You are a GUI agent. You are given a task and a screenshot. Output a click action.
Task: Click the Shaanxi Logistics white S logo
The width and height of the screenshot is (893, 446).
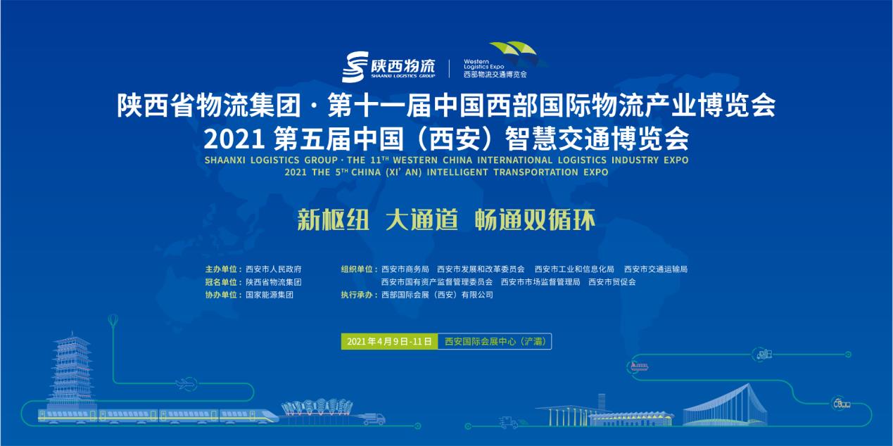click(355, 67)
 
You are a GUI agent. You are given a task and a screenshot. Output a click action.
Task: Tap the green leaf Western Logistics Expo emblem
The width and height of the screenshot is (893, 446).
click(517, 53)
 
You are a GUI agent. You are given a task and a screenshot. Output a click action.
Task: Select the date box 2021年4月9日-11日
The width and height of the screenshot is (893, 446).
click(389, 342)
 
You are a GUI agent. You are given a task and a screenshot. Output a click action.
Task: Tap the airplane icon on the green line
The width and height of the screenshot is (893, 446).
click(186, 385)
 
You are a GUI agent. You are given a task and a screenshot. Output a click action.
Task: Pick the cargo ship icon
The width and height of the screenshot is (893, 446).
click(639, 366)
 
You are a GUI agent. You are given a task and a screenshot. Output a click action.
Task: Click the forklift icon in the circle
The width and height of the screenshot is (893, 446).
click(762, 355)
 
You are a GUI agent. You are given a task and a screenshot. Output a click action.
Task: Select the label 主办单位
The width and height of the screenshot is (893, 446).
click(221, 269)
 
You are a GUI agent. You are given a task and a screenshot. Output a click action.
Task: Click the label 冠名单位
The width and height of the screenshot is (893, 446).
click(221, 282)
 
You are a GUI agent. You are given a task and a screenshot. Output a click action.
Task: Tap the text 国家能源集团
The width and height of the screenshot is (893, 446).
click(270, 295)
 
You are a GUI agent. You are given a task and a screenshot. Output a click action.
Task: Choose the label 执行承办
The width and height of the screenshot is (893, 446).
click(356, 295)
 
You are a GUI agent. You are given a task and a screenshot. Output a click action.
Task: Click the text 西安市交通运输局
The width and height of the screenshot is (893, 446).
click(656, 269)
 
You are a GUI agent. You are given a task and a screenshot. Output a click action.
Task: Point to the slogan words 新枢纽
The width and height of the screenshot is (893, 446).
click(334, 219)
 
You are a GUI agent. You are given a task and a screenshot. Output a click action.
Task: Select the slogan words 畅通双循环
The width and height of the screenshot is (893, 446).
click(535, 219)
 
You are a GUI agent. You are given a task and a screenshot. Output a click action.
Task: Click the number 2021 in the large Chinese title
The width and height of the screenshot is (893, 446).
click(234, 139)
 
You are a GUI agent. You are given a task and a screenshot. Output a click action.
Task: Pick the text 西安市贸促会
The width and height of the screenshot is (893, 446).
click(612, 282)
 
